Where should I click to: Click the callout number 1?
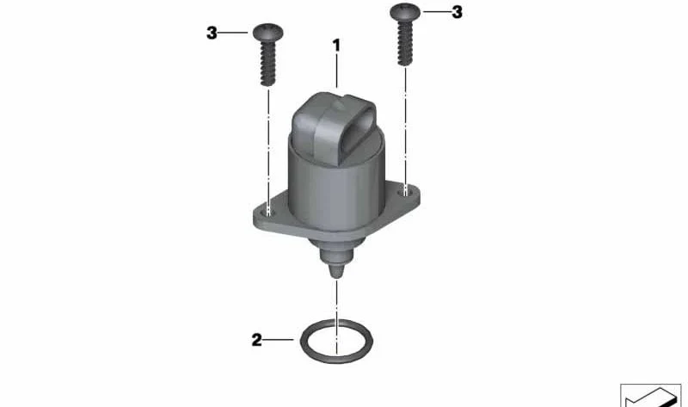[x=336, y=46]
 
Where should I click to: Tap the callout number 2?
[x=256, y=339]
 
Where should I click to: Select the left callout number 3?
[x=212, y=33]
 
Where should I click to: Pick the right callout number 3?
[x=458, y=12]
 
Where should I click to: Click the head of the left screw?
[x=268, y=32]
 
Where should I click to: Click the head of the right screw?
[x=405, y=12]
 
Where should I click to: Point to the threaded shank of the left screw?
[x=268, y=63]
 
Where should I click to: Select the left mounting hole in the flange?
[x=268, y=212]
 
